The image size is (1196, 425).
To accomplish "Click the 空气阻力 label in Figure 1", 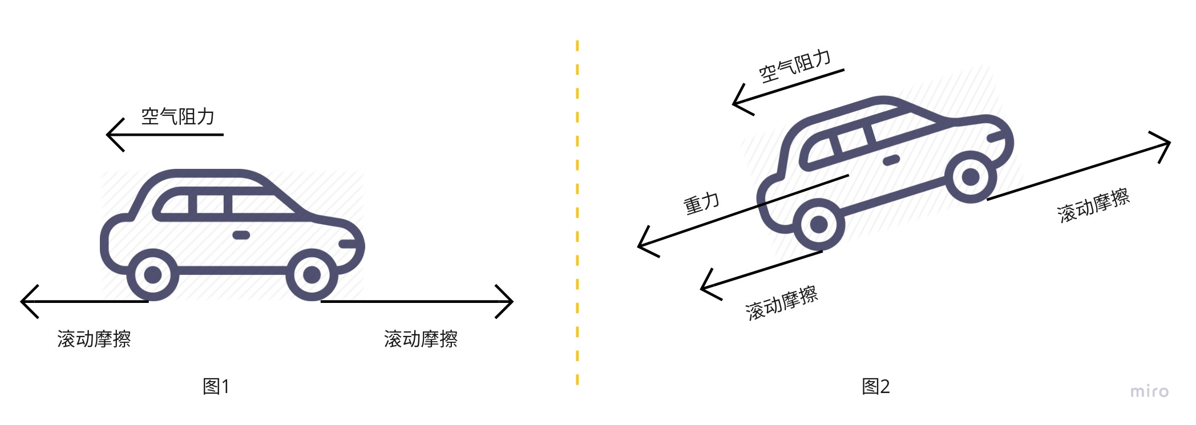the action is tap(178, 116).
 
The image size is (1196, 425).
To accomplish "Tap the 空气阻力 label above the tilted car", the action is tap(794, 66).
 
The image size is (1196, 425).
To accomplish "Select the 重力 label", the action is tap(702, 203).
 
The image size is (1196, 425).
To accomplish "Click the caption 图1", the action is tap(216, 386).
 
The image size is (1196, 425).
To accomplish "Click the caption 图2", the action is tap(875, 386).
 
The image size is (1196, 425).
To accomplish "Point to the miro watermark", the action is tap(1149, 391).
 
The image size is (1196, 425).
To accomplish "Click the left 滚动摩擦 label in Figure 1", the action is tap(94, 339).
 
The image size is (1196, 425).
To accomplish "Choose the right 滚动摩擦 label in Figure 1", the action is tap(421, 339).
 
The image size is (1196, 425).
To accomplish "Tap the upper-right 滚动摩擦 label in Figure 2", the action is tap(1093, 205).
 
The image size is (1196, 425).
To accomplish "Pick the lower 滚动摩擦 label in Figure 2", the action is tap(781, 303).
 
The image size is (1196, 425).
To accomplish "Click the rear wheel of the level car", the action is tap(153, 275).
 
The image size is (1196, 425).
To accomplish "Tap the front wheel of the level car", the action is tap(312, 275).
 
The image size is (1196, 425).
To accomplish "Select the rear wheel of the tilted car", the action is tap(819, 224).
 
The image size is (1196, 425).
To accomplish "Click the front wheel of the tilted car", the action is tap(971, 177).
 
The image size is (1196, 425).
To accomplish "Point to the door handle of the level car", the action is tap(241, 235).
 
